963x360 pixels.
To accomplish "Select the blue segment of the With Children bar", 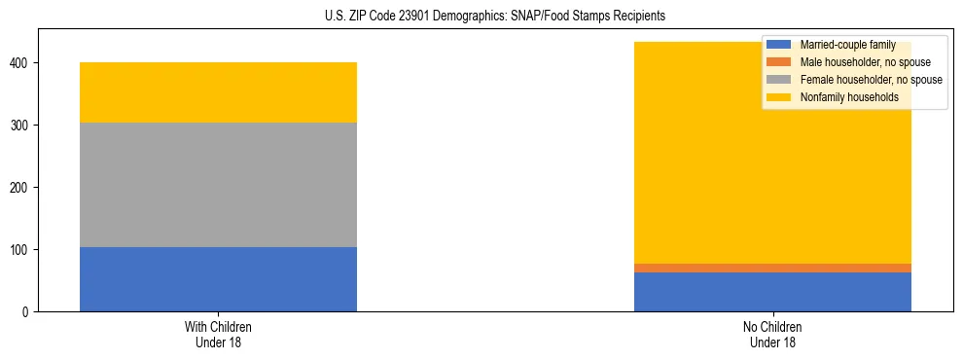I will coord(218,279).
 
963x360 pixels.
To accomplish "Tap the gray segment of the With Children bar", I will coord(218,185).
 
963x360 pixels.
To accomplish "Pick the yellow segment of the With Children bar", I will coord(218,92).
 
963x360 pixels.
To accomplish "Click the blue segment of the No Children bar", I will coord(772,292).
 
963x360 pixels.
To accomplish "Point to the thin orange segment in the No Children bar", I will coord(772,268).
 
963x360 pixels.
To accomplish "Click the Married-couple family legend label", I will coord(847,45).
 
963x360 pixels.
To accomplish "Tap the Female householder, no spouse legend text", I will coord(871,80).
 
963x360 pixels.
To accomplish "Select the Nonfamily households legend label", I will coord(849,97).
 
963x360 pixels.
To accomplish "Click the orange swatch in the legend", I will coord(779,62).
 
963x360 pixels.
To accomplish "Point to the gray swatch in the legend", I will coord(779,80).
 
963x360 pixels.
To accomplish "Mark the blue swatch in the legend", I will coord(779,45).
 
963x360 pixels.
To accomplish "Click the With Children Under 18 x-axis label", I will coord(218,335).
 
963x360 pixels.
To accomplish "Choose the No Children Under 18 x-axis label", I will coord(772,335).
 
